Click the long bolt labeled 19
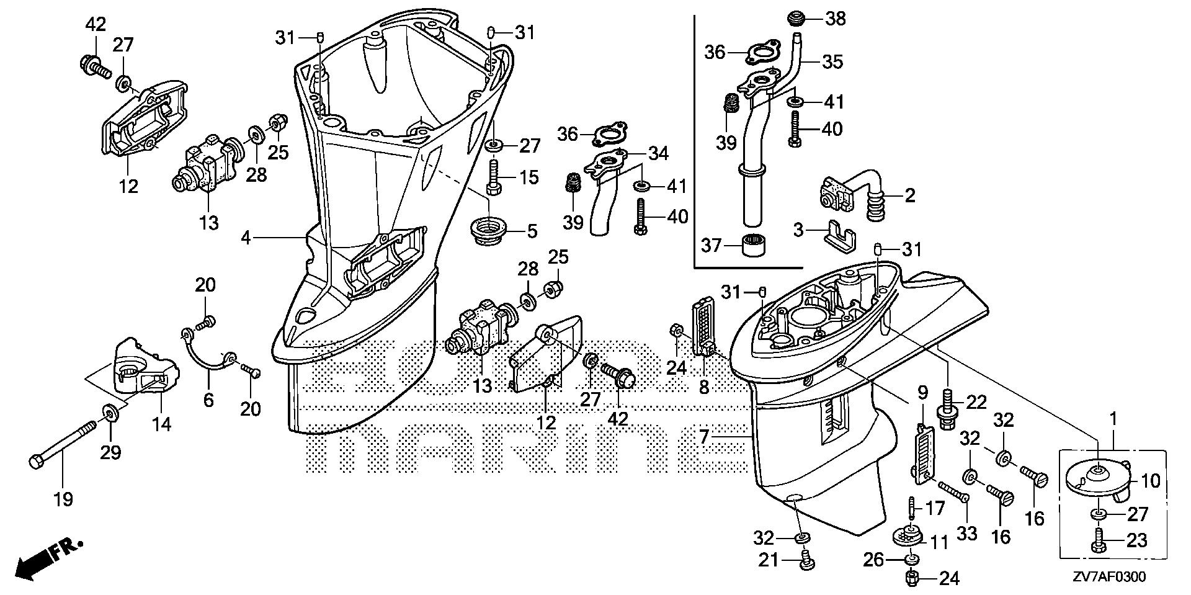coord(63,442)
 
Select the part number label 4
coord(246,238)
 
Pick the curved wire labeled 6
coord(205,352)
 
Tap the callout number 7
coord(703,437)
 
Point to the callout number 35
coord(833,62)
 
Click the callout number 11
coord(940,543)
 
